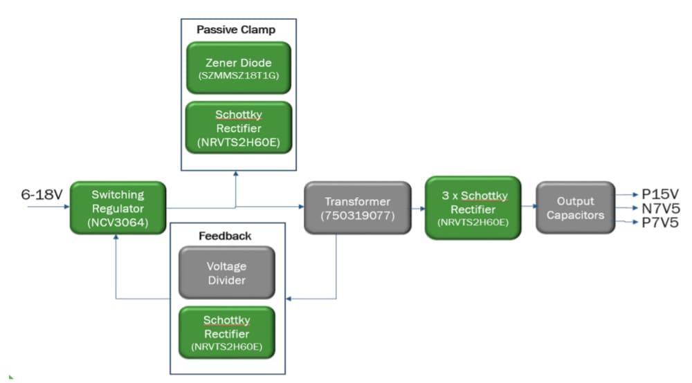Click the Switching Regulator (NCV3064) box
click(118, 207)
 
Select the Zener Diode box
click(238, 68)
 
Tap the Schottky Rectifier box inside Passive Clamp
click(238, 128)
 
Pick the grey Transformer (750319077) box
click(357, 207)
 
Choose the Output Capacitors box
click(575, 207)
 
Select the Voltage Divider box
click(226, 273)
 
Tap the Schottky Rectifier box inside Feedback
click(226, 331)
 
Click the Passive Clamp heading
click(236, 30)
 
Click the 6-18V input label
click(42, 195)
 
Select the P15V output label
click(659, 194)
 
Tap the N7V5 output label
click(659, 208)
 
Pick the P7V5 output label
click(659, 223)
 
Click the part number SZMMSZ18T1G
click(238, 75)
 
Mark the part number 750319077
click(357, 215)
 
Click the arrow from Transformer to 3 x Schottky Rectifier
click(417, 207)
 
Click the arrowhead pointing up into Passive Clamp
click(236, 175)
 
